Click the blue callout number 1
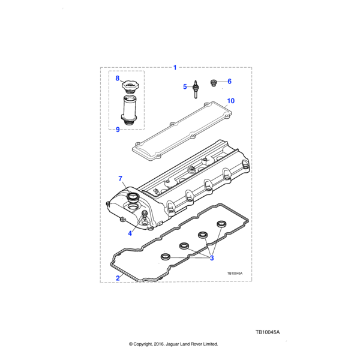tap(175, 67)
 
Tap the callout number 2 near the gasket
tap(118, 278)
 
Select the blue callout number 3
tap(212, 258)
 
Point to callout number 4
tap(130, 233)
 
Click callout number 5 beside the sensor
tap(185, 86)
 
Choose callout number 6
tap(229, 81)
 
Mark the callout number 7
tap(121, 178)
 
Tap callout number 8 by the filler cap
tap(118, 78)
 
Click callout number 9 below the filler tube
tap(118, 130)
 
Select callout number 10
tap(231, 101)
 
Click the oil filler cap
tap(130, 87)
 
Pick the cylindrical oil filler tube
tap(129, 110)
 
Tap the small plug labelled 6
tap(214, 83)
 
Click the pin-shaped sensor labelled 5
tap(196, 89)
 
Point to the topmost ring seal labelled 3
tap(221, 224)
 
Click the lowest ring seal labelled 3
tap(166, 257)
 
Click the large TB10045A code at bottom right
tap(268, 332)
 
